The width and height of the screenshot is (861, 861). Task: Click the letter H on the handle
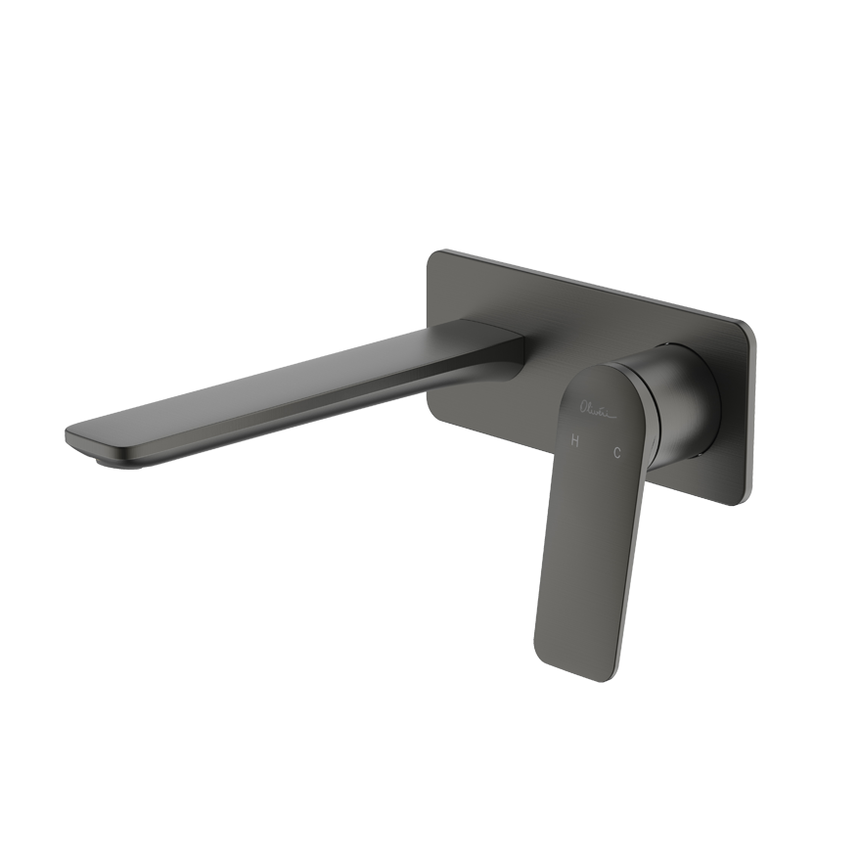point(575,442)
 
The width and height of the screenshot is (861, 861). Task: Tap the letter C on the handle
point(616,451)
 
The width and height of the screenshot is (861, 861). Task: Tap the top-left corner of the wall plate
point(436,254)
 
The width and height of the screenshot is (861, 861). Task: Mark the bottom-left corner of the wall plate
point(430,401)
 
